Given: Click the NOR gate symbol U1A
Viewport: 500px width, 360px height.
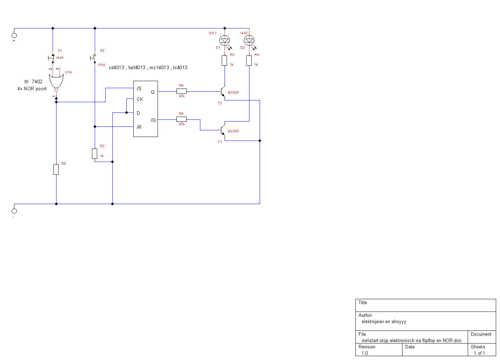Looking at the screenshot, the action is pyautogui.click(x=56, y=81).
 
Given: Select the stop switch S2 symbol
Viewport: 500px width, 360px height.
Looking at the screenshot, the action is pyautogui.click(x=93, y=58).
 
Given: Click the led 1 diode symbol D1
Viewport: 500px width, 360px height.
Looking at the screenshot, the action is pyautogui.click(x=225, y=41).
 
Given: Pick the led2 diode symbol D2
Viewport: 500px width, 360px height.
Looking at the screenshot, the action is pyautogui.click(x=249, y=41).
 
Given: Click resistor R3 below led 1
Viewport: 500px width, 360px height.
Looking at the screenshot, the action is pyautogui.click(x=225, y=60).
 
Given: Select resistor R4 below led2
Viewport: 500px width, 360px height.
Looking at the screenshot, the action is pyautogui.click(x=249, y=60).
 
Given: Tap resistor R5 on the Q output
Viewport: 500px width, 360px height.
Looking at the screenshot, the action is pyautogui.click(x=181, y=91).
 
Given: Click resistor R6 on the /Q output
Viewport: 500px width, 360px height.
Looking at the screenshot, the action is pyautogui.click(x=181, y=119).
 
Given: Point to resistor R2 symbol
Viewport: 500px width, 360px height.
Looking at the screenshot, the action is pyautogui.click(x=95, y=154).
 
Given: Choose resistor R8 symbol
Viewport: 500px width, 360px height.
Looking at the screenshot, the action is pyautogui.click(x=56, y=169).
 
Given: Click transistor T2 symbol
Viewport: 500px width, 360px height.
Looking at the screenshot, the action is pyautogui.click(x=222, y=91).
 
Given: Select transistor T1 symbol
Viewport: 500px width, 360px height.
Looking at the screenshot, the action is pyautogui.click(x=222, y=130).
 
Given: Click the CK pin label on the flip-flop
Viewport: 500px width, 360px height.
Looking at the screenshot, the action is pyautogui.click(x=140, y=99).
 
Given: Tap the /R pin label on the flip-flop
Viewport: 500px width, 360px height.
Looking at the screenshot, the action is pyautogui.click(x=139, y=127).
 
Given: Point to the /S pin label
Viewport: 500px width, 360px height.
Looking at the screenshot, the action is pyautogui.click(x=139, y=89).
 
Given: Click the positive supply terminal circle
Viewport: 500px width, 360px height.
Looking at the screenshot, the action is pyautogui.click(x=14, y=35).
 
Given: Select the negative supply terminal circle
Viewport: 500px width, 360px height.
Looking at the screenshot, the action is pyautogui.click(x=14, y=211).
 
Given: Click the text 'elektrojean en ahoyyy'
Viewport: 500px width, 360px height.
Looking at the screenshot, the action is pyautogui.click(x=384, y=322).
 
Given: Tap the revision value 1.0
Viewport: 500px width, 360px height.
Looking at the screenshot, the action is pyautogui.click(x=365, y=353).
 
